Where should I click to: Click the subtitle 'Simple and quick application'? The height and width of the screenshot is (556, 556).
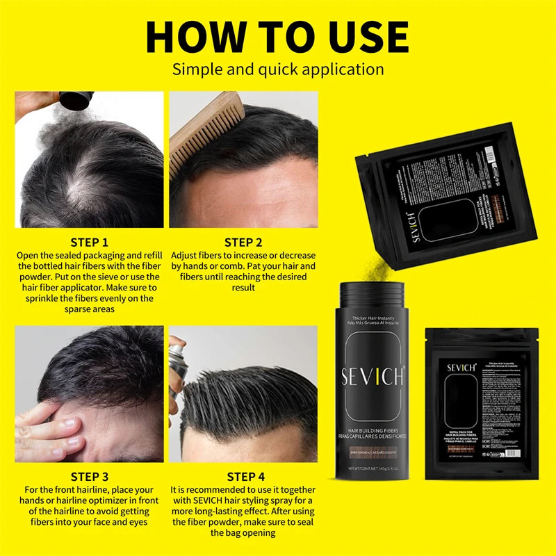(x=278, y=69)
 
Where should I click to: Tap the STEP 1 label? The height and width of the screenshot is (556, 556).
(x=89, y=243)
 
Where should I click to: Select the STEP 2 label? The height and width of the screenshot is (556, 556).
(x=243, y=243)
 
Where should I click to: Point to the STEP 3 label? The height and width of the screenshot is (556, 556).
(x=89, y=477)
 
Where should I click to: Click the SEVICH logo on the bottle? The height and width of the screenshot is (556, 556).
(x=372, y=376)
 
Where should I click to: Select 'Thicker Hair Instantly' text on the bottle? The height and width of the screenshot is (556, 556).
(x=372, y=318)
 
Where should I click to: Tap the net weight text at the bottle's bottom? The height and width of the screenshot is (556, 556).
(x=372, y=469)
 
